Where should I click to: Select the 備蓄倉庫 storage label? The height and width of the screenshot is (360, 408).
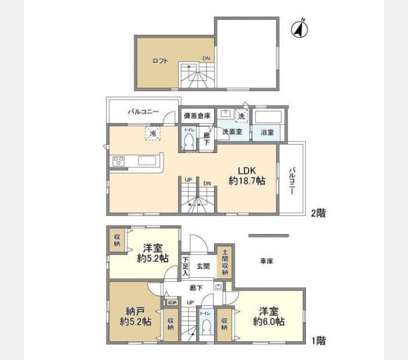pos(197,115)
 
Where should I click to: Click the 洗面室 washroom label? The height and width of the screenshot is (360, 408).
pos(232,131)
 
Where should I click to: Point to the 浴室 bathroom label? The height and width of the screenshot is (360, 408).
pos(267,132)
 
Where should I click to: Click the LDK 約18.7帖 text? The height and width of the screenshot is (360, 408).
pos(247,175)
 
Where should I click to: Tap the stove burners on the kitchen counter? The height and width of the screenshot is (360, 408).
pos(118,161)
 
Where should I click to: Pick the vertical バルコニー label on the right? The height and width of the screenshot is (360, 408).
pos(292,179)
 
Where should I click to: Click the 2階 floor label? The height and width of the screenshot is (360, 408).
pos(317,213)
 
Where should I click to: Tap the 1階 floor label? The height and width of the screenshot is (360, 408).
pos(317,341)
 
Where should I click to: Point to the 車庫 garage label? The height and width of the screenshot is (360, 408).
pos(268,262)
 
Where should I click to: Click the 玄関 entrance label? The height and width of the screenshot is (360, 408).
pos(203,266)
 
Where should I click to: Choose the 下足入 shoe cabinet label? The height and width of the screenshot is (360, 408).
pos(185,266)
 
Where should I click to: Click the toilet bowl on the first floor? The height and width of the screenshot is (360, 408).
pos(206,326)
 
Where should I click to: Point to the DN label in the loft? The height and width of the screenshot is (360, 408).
pos(206,59)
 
